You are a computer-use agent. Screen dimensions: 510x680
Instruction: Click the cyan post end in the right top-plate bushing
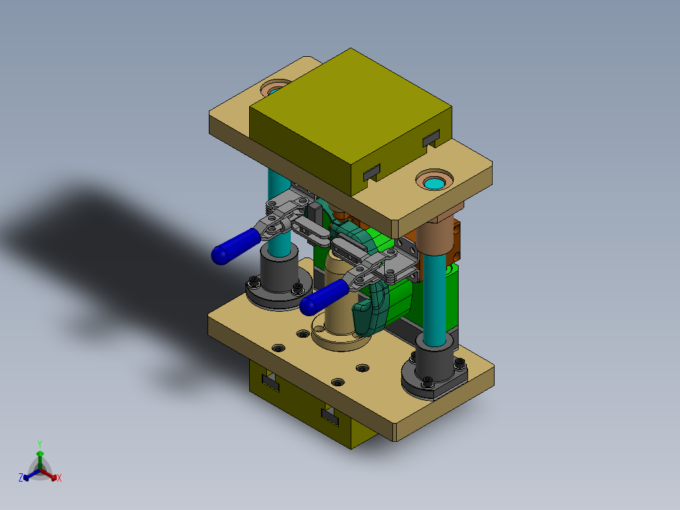click(434, 184)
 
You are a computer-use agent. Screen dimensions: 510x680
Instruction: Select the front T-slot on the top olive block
click(372, 171)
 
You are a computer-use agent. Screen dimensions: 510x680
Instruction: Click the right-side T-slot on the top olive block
click(431, 137)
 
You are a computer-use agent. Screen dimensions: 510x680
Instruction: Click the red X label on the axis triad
click(59, 478)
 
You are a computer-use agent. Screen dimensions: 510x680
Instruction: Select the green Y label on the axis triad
click(40, 444)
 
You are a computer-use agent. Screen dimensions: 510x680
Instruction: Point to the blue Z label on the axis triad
click(21, 478)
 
